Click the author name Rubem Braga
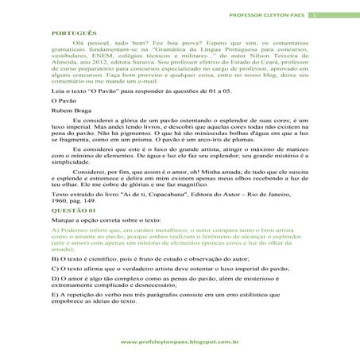[68, 112]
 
